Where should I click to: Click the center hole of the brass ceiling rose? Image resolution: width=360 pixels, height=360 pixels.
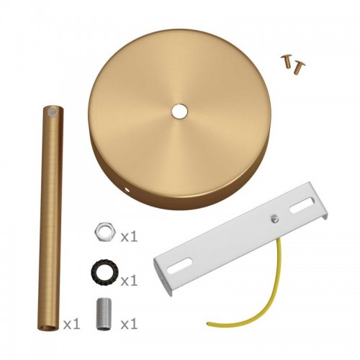(180, 111)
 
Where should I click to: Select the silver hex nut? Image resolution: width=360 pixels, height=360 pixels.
(106, 232)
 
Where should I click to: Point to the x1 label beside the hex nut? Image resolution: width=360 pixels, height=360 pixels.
(129, 237)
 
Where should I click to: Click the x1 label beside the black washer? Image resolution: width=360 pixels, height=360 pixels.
(129, 281)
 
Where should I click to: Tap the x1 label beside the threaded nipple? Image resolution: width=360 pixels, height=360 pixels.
(129, 325)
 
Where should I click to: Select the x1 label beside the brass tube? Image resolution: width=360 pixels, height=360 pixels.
(71, 325)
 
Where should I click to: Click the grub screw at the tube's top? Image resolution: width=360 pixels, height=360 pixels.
(51, 112)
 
